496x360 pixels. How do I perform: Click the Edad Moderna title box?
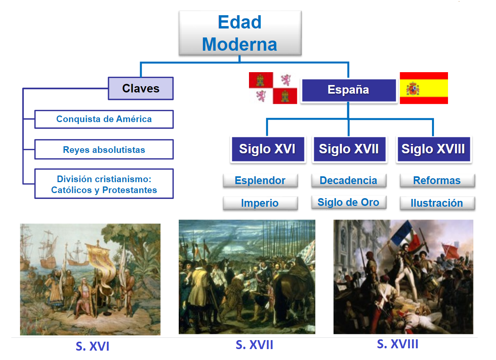point(240,33)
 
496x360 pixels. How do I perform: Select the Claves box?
point(141,89)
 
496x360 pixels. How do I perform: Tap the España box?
point(348,90)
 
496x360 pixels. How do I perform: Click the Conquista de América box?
point(104,119)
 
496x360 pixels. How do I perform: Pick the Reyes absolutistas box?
point(104,150)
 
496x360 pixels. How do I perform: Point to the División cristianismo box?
point(104,184)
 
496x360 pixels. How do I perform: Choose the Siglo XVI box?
point(267,149)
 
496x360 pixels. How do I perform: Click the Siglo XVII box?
point(349,149)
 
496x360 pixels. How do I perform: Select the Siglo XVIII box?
point(433,149)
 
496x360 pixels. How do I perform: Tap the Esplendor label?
point(260,181)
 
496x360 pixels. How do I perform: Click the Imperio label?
point(260,203)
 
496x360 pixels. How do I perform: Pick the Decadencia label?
point(348,181)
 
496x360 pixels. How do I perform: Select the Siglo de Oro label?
point(348,202)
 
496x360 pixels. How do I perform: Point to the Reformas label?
point(437,181)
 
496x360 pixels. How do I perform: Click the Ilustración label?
point(437,203)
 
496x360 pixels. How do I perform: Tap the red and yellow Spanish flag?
point(424,88)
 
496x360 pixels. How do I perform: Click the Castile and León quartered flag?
point(273,88)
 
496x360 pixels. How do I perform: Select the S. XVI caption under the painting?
point(92,346)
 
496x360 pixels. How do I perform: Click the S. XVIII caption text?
point(398,344)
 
